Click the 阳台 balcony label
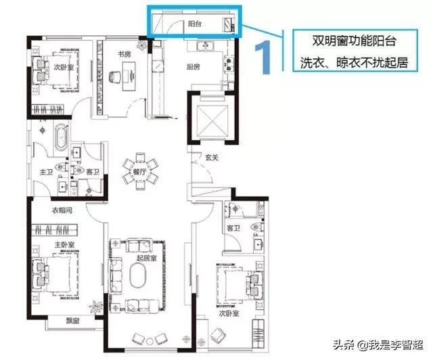(x=195, y=24)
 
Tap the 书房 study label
(x=124, y=54)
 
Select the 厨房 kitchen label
(x=193, y=66)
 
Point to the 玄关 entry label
(x=212, y=158)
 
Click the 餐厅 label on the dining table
(x=140, y=172)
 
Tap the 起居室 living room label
(x=147, y=258)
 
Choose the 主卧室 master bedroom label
(x=64, y=245)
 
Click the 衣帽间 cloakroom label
(x=62, y=210)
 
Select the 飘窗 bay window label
(x=72, y=321)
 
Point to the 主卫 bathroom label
(x=46, y=172)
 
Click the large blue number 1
(x=264, y=58)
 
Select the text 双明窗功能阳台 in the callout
(x=355, y=41)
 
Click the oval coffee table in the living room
(x=138, y=275)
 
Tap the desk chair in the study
(x=115, y=77)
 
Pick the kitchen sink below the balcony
(x=205, y=45)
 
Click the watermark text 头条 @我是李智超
(x=378, y=344)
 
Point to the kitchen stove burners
(x=229, y=64)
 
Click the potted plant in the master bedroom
(x=96, y=306)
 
